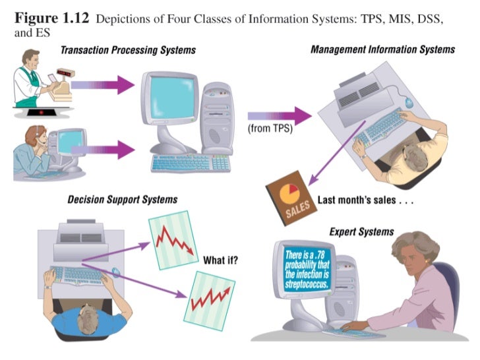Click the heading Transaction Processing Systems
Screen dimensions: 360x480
pos(127,50)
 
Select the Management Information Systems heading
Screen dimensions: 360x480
pos(382,49)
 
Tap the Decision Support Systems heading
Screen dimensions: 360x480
pos(123,199)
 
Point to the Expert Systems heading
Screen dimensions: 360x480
pos(361,231)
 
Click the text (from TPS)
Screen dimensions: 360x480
pos(270,129)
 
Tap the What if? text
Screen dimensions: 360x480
pos(221,260)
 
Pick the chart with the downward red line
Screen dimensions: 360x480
pos(173,241)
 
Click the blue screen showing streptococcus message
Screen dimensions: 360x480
pos(309,269)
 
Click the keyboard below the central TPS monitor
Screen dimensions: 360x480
pos(190,162)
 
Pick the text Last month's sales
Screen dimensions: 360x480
pos(365,200)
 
